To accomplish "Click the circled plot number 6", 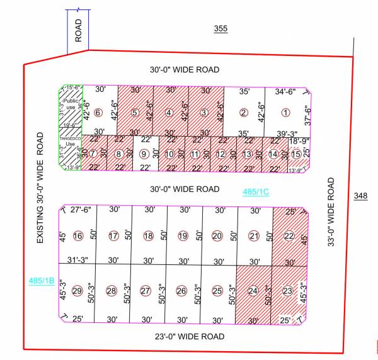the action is pyautogui.click(x=98, y=113).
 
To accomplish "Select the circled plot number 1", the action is pyautogui.click(x=285, y=113).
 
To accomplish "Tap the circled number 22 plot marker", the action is pyautogui.click(x=289, y=236).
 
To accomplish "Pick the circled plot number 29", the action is pyautogui.click(x=77, y=291).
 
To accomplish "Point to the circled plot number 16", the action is pyautogui.click(x=78, y=236).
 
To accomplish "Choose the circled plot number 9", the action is pyautogui.click(x=144, y=154).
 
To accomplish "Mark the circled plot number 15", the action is pyautogui.click(x=296, y=154).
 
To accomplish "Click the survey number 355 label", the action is pyautogui.click(x=220, y=29).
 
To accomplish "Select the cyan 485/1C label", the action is pyautogui.click(x=256, y=191).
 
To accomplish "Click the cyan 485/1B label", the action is pyautogui.click(x=42, y=280).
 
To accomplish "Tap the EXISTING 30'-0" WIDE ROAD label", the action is pyautogui.click(x=40, y=188).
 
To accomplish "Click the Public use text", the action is pyautogui.click(x=70, y=105).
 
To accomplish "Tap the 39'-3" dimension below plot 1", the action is pyautogui.click(x=287, y=133).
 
